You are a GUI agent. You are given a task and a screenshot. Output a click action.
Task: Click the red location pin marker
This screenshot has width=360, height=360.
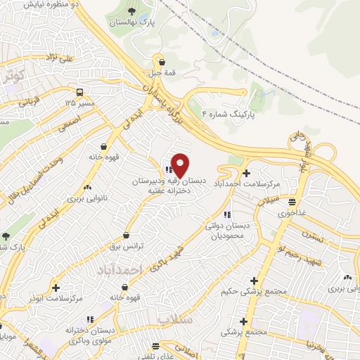coord(180,165)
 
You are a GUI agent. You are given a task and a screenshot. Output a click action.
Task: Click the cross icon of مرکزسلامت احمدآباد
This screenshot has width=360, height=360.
coord(245,173)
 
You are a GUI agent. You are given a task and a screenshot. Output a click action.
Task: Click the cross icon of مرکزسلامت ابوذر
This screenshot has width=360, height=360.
coord(56,288)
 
